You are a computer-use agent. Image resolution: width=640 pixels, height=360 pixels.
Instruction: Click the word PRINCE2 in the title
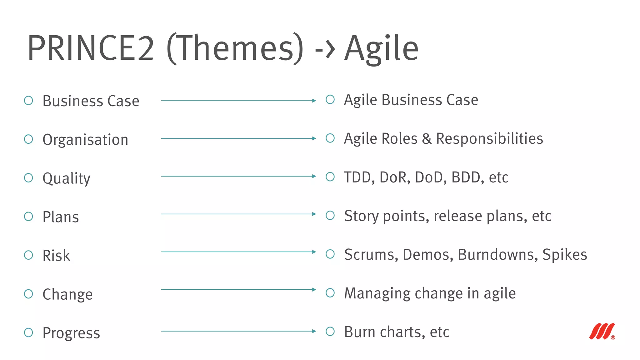[x=91, y=48]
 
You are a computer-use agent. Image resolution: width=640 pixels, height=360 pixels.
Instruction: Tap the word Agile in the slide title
[x=381, y=48]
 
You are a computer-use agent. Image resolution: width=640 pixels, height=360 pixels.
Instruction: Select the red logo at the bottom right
[x=602, y=332]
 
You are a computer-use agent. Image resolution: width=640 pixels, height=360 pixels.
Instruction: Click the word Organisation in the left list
[x=85, y=140]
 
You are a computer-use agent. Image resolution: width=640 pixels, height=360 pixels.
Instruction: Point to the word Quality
[x=66, y=178]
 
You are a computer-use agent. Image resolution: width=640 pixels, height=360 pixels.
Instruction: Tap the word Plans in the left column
[x=61, y=217]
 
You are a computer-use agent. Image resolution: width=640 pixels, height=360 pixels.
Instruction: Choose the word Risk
[x=56, y=256]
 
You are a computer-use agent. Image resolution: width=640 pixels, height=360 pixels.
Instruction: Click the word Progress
[x=71, y=333]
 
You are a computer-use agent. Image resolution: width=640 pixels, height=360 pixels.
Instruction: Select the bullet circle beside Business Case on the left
[x=28, y=101]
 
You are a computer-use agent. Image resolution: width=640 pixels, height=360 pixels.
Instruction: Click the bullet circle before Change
[x=28, y=294]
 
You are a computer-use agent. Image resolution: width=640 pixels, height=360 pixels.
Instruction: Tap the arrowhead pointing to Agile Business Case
[x=314, y=101]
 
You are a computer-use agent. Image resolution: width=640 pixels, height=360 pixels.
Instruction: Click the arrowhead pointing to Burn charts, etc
[x=314, y=331]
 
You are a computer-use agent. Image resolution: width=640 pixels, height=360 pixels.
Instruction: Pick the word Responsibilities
[x=489, y=139]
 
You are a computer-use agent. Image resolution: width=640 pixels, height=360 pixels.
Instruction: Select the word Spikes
[x=564, y=255]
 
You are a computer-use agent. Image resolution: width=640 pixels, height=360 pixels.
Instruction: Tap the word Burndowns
[x=498, y=255]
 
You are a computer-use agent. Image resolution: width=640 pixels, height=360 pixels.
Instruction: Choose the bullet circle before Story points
[x=330, y=215]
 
